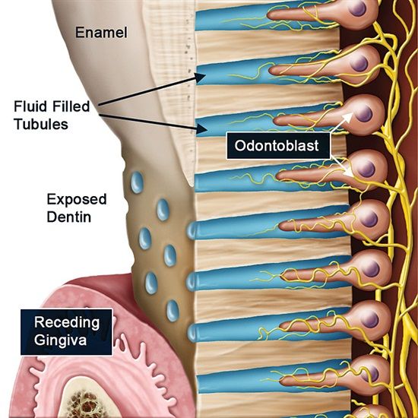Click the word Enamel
[101, 32]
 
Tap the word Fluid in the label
[30, 106]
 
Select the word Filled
[71, 106]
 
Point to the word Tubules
[41, 124]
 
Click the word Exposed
[77, 200]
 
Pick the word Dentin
[69, 217]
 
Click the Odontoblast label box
[278, 146]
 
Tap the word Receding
[67, 322]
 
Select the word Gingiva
[60, 340]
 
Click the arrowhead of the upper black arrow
[200, 78]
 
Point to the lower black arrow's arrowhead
[202, 129]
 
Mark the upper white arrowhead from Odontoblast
[348, 117]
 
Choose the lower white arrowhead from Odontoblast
[347, 172]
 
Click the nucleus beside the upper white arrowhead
[364, 113]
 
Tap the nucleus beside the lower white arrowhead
[366, 169]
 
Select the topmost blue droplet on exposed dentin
[137, 182]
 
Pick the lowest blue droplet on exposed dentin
[173, 311]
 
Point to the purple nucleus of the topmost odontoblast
[357, 8]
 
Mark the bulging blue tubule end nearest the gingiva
[192, 333]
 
